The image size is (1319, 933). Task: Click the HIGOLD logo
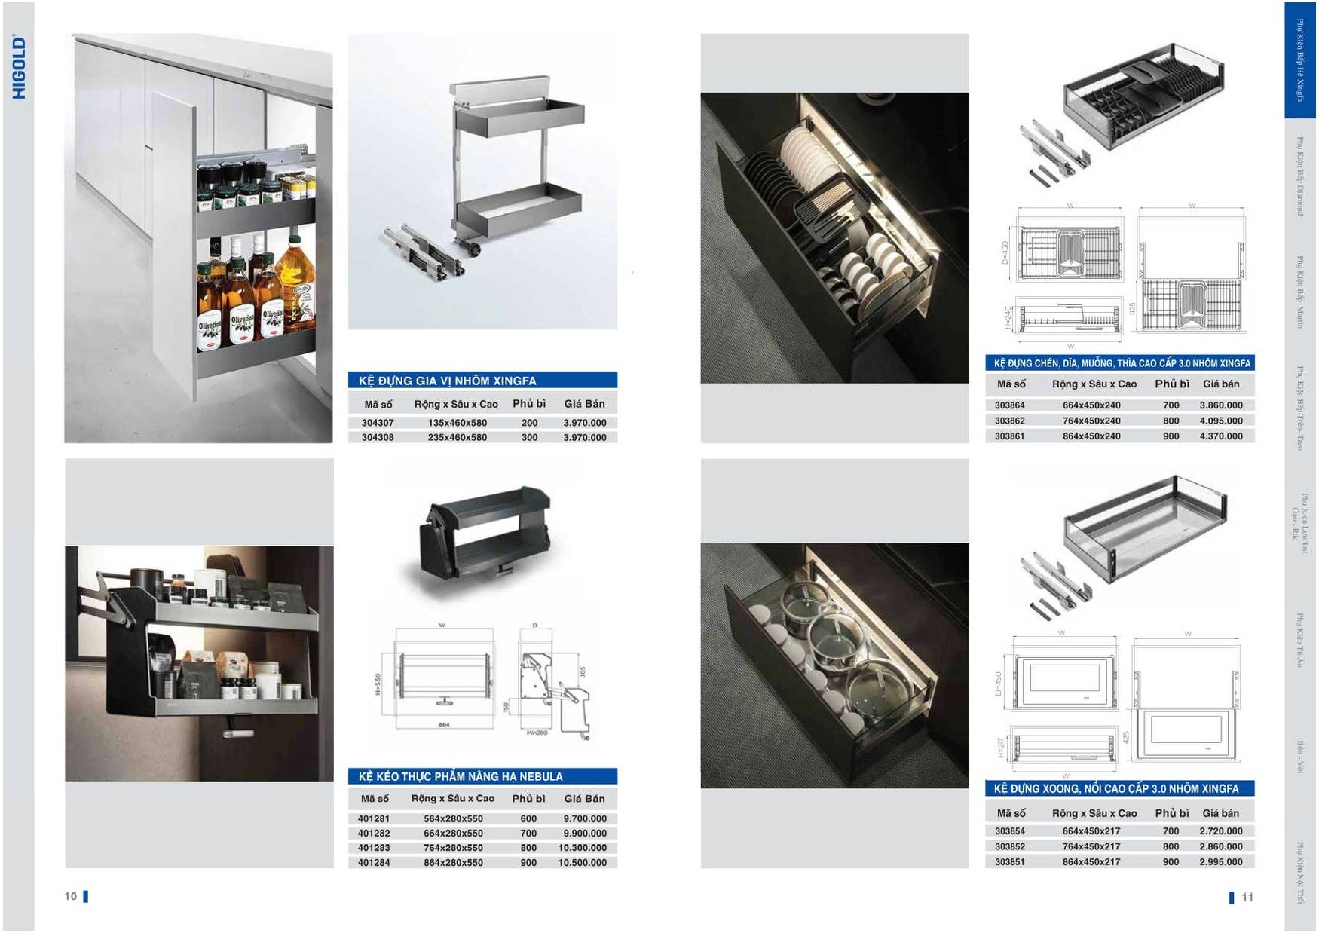(20, 68)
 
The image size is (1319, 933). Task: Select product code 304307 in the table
(377, 423)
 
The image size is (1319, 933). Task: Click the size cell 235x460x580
(457, 437)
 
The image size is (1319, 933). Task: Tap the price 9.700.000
(585, 818)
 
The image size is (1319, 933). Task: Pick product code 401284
(374, 862)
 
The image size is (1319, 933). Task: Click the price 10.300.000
(583, 848)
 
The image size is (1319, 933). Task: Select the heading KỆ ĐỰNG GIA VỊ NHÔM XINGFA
(448, 381)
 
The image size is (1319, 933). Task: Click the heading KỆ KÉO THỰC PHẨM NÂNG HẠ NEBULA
(461, 776)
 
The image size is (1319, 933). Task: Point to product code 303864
(1009, 405)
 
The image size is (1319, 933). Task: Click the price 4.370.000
(1221, 436)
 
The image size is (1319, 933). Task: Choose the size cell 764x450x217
(1091, 846)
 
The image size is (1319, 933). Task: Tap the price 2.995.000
(1221, 862)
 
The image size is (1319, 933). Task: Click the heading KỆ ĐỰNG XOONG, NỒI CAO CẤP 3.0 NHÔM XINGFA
(1115, 789)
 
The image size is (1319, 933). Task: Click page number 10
(71, 896)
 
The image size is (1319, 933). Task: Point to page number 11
(1247, 897)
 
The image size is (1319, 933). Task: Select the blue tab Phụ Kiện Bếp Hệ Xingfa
(1299, 60)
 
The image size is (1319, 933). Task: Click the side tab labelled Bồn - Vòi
(1300, 757)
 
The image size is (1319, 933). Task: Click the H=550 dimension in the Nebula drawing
(378, 685)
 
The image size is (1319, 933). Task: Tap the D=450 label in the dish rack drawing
(1005, 252)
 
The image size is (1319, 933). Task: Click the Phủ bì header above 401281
(528, 798)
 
